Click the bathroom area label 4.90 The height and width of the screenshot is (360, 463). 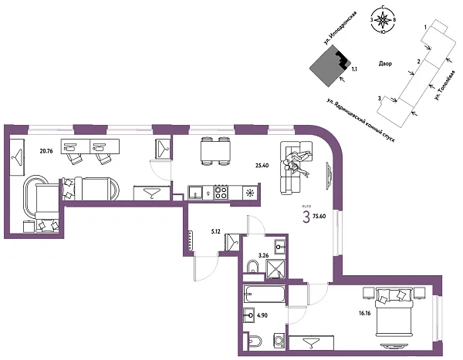[x=261, y=315]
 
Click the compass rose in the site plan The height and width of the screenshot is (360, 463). [x=384, y=21]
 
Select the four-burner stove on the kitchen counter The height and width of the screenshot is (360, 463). [x=221, y=193]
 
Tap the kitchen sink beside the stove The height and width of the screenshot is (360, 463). [x=196, y=193]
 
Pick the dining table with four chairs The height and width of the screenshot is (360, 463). [x=213, y=150]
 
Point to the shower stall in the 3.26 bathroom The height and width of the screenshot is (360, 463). [x=275, y=269]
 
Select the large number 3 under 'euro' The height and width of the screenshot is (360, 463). [x=306, y=217]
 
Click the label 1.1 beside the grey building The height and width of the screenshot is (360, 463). [x=353, y=69]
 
